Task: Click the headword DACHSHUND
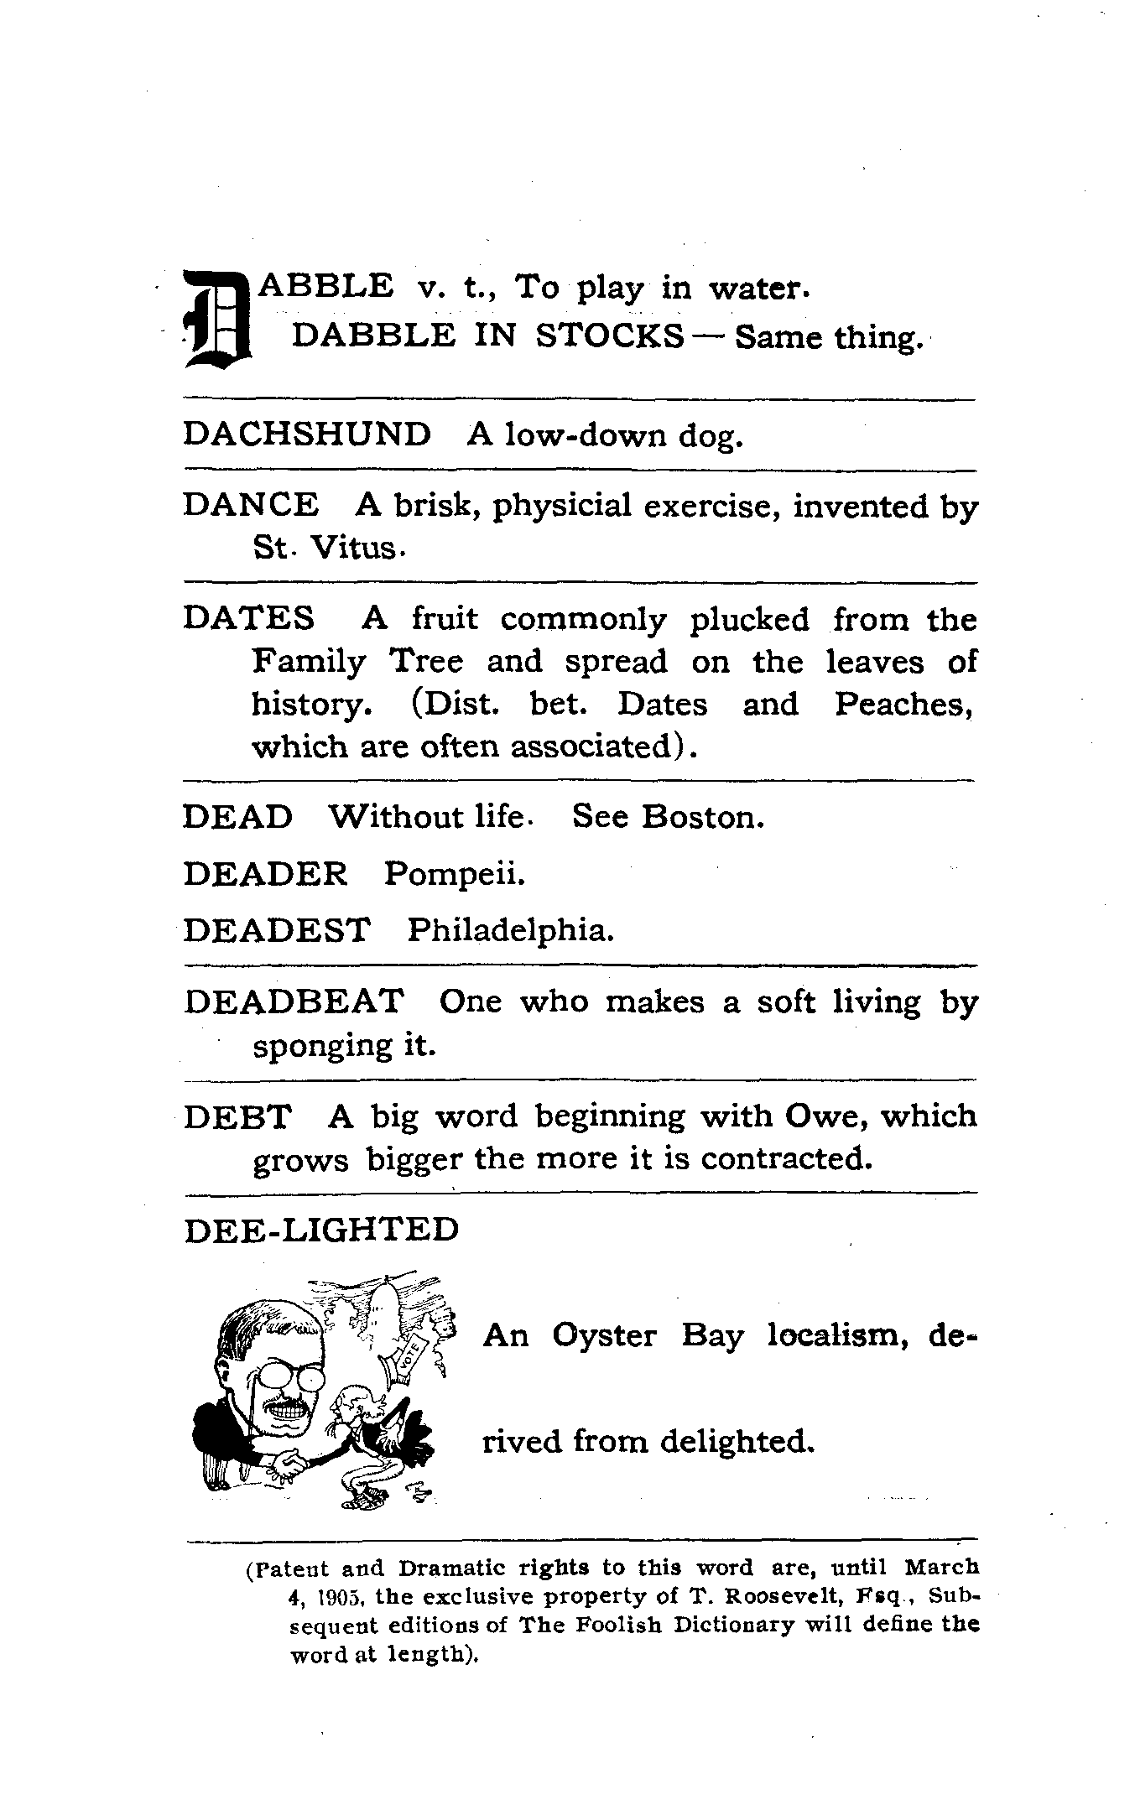pyautogui.click(x=306, y=434)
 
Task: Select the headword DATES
pyautogui.click(x=248, y=619)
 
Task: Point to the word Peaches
pyautogui.click(x=904, y=704)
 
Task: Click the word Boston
pyautogui.click(x=702, y=816)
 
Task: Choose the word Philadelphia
pyautogui.click(x=510, y=930)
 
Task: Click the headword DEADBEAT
pyautogui.click(x=294, y=1001)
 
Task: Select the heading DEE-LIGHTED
pyautogui.click(x=321, y=1230)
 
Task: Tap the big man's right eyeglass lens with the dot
pyautogui.click(x=310, y=1379)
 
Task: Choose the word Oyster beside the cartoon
pyautogui.click(x=604, y=1335)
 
